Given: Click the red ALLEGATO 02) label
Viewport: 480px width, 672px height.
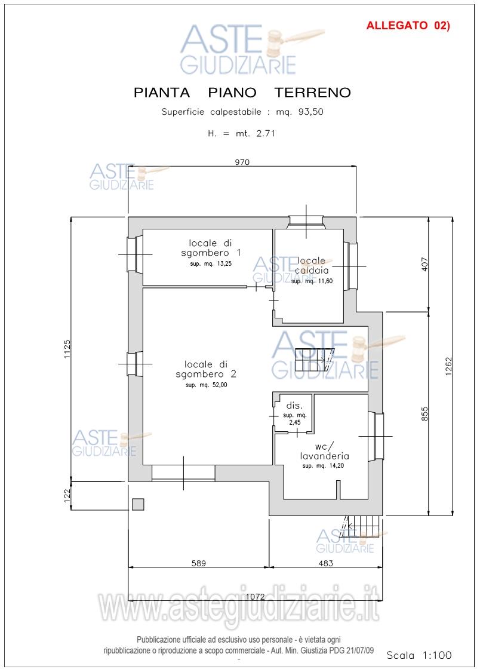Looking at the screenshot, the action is pyautogui.click(x=408, y=26).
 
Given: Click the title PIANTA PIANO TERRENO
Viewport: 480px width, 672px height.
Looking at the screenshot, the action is pyautogui.click(x=242, y=93).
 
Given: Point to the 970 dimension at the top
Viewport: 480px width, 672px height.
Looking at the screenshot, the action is pyautogui.click(x=242, y=162).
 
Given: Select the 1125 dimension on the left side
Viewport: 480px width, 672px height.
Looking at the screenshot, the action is pyautogui.click(x=67, y=349).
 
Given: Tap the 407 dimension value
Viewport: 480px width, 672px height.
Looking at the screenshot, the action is pyautogui.click(x=424, y=265).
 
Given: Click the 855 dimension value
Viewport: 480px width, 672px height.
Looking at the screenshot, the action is pyautogui.click(x=424, y=413).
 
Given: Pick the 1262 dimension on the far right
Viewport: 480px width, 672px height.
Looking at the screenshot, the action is pyautogui.click(x=448, y=366).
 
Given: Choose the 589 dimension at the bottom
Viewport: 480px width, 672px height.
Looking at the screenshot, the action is pyautogui.click(x=199, y=563).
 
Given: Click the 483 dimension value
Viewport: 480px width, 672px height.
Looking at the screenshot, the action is pyautogui.click(x=326, y=563).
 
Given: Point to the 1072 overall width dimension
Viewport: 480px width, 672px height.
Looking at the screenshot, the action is pyautogui.click(x=255, y=597).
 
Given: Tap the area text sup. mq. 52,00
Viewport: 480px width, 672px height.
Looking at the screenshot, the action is pyautogui.click(x=207, y=385).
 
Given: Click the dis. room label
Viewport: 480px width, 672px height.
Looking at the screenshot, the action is pyautogui.click(x=294, y=406).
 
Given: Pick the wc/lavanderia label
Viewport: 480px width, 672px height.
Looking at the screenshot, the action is pyautogui.click(x=325, y=451).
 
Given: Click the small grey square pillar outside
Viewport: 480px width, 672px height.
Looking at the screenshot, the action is pyautogui.click(x=138, y=504).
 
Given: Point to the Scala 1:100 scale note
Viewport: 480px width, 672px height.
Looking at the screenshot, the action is pyautogui.click(x=419, y=655).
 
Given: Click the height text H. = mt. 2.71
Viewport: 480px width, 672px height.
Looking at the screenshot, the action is pyautogui.click(x=242, y=133).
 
